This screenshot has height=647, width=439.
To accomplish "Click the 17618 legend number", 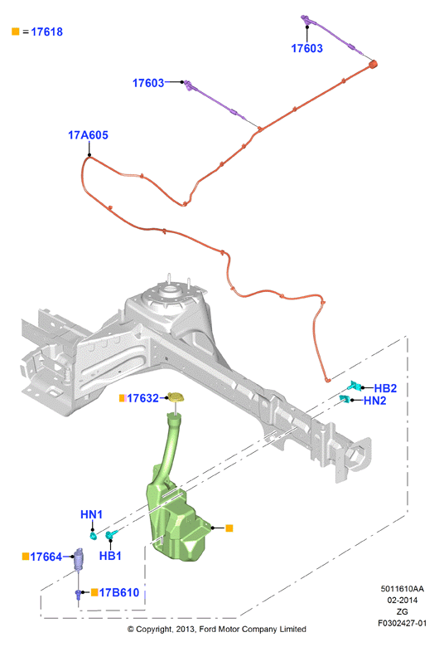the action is pos(46,32).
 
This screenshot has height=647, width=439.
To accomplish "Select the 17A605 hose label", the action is pos(88,135).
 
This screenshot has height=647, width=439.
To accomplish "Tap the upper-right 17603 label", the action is pos(306,48).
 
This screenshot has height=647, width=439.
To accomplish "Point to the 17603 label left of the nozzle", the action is pos(148,83).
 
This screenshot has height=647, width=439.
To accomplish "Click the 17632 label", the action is pos(142,398).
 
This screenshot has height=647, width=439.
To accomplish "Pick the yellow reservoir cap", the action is pos(176,398).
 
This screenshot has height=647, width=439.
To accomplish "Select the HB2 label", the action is pos(385,388).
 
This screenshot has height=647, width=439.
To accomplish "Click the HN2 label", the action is pos(374,401).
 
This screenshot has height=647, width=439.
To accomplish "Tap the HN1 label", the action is pos(91,514).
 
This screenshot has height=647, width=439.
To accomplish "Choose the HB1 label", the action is pos(110,556).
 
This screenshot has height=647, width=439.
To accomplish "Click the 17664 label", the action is pos(46,557).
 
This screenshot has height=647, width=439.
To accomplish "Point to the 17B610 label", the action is pos(119,592).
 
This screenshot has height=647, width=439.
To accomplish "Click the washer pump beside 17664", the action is pos(79,559).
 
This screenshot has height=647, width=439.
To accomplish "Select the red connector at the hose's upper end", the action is pos(373,65).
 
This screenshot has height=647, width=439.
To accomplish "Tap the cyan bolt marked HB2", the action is pos(355,387).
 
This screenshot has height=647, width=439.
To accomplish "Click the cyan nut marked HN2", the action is pos(345,399).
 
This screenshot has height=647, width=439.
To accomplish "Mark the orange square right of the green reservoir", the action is pos(229,528).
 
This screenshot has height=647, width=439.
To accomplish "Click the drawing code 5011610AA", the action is pos(402,589).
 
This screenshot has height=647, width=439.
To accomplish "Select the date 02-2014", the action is pos(402,601).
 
